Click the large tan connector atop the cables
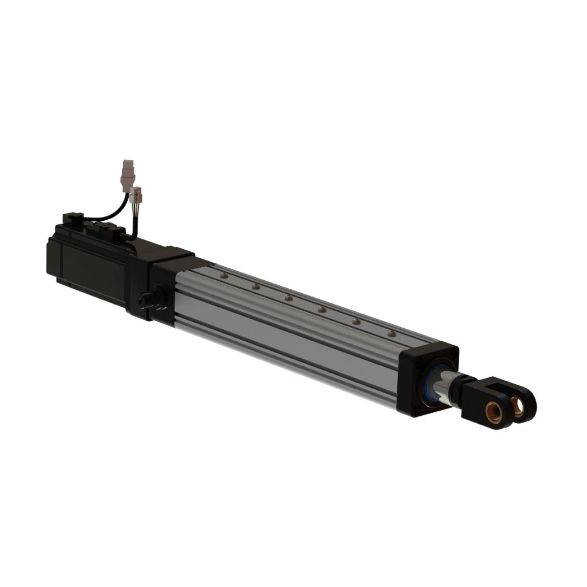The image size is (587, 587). pyautogui.click(x=129, y=171)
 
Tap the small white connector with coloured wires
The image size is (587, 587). pyautogui.click(x=136, y=195)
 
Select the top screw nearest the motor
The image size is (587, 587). pyautogui.click(x=224, y=276)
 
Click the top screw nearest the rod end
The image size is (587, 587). pyautogui.click(x=392, y=334)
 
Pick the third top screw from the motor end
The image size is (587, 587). pyautogui.click(x=288, y=298)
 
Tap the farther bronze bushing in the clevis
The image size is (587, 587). pyautogui.click(x=517, y=404)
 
